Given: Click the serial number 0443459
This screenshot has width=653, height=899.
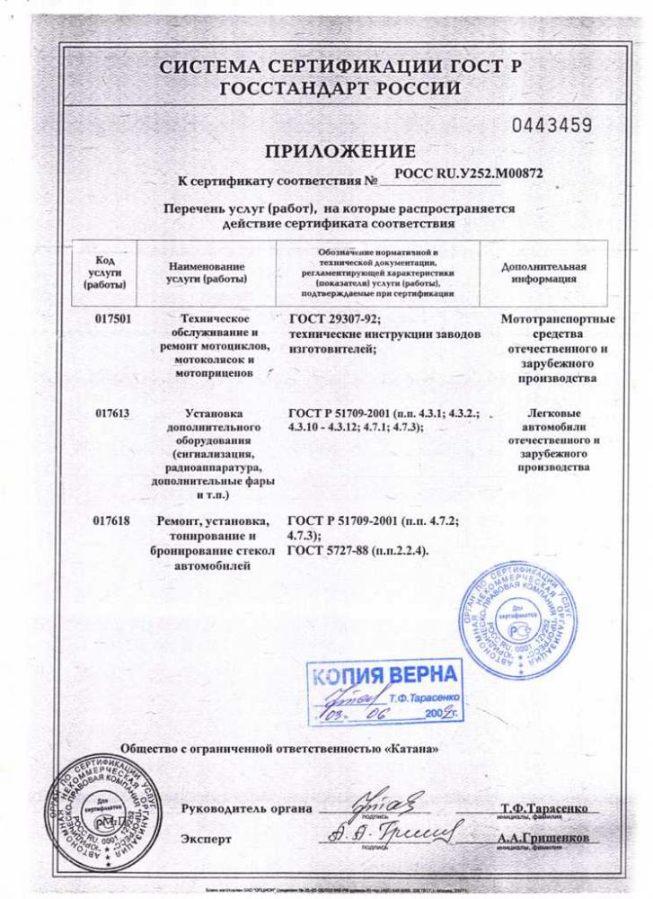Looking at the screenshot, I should coord(552,124).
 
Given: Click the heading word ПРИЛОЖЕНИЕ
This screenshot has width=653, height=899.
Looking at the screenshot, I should coord(340,150).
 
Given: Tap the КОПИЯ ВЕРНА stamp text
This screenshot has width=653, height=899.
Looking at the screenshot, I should coord(386,675).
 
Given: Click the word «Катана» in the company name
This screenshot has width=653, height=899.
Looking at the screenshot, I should coord(411,748).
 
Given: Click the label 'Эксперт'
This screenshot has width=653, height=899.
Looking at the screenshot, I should coord(206,839).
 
